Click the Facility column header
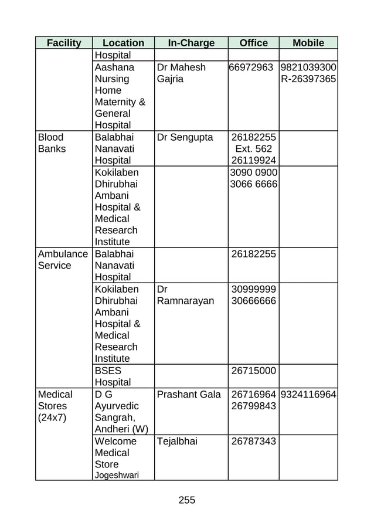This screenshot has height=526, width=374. pyautogui.click(x=64, y=43)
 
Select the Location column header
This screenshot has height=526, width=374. pyautogui.click(x=123, y=43)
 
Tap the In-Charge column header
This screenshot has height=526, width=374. pyautogui.click(x=191, y=43)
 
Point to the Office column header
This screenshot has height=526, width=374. pyautogui.click(x=254, y=43)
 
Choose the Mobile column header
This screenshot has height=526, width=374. pyautogui.click(x=308, y=43)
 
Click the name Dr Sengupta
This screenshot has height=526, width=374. pyautogui.click(x=185, y=137)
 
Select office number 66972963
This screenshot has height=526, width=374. pyautogui.click(x=251, y=67)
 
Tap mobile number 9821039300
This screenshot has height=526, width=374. pyautogui.click(x=308, y=67)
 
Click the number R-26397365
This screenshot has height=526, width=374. pyautogui.click(x=308, y=79)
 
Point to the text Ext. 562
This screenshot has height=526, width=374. pyautogui.click(x=254, y=148)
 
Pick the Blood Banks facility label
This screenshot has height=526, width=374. pyautogui.click(x=52, y=142)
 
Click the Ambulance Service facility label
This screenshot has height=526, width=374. pyautogui.click(x=63, y=260)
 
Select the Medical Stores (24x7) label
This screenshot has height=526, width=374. pyautogui.click(x=55, y=406)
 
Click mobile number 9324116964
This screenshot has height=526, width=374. pyautogui.click(x=309, y=395)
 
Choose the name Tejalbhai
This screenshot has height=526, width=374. pyautogui.click(x=177, y=441)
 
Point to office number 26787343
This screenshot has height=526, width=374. pyautogui.click(x=254, y=441)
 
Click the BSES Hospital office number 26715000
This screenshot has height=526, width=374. pyautogui.click(x=254, y=371)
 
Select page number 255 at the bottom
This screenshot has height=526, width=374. pyautogui.click(x=186, y=500)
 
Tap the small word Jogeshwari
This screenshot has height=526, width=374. pyautogui.click(x=117, y=476)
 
